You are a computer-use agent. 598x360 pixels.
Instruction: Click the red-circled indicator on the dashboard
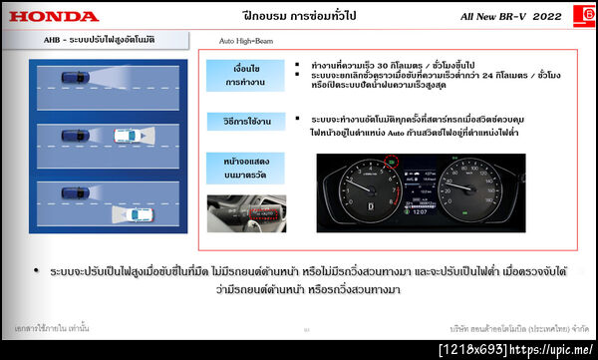click(x=391, y=158)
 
